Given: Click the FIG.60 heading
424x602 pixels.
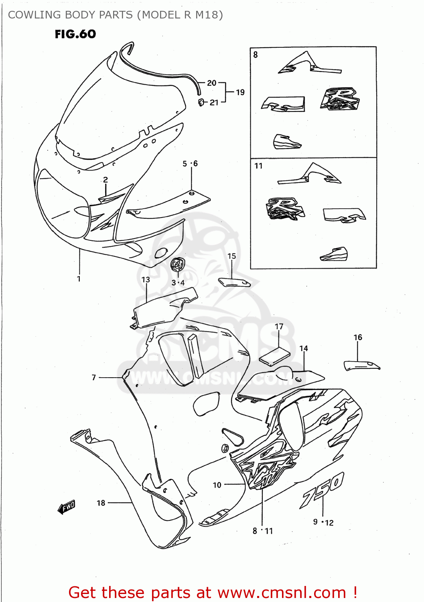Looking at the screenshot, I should [x=75, y=34].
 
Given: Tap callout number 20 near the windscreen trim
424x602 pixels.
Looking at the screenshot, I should [x=211, y=83].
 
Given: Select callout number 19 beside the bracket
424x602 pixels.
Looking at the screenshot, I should [x=240, y=92].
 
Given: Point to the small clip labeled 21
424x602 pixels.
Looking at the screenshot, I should [x=201, y=102].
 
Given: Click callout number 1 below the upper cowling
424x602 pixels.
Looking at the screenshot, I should [x=79, y=279].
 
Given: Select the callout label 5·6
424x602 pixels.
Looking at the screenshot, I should [x=190, y=163].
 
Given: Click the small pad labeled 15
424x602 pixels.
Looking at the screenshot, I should [x=234, y=283].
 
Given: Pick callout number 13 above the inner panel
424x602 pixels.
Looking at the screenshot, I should [x=146, y=279].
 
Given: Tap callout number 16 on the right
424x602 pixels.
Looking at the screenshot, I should [x=358, y=338].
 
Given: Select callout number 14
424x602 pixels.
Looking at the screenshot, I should [x=304, y=348].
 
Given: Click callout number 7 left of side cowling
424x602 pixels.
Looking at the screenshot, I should [x=94, y=377].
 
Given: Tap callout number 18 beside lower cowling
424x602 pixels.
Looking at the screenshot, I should [x=101, y=503].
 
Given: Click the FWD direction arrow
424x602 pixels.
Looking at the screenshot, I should [x=67, y=507].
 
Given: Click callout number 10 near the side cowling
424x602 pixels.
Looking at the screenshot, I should [x=217, y=485].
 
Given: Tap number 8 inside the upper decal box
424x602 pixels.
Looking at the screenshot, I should [x=256, y=55].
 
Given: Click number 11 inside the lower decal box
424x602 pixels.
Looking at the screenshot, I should [x=258, y=166].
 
